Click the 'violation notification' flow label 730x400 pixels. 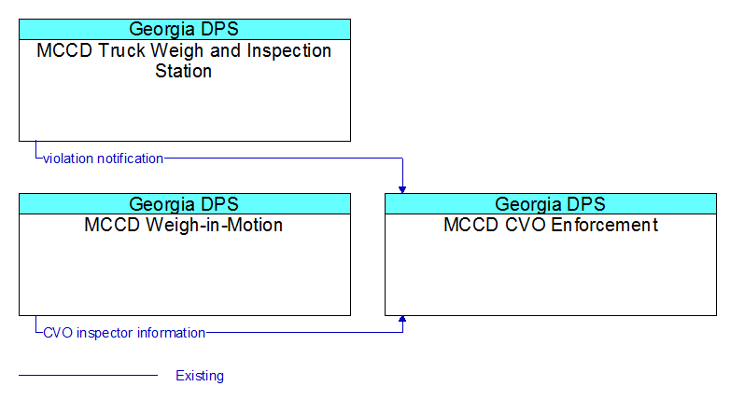coord(103,159)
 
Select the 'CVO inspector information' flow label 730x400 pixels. coord(124,333)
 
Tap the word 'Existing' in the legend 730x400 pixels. coord(200,376)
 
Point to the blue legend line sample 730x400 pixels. coord(89,375)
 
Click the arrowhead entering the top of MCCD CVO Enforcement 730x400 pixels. coord(402,190)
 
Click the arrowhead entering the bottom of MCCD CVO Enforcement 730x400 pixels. coord(402,319)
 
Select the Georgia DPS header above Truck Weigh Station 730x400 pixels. coord(185,29)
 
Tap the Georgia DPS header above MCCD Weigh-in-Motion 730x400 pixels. coord(185,204)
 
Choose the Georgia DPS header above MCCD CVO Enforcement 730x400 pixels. coord(551,204)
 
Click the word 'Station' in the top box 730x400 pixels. coord(183,71)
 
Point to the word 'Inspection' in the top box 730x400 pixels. coord(288,51)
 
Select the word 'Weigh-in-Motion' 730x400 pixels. coord(214,225)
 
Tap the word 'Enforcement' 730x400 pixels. coord(604,225)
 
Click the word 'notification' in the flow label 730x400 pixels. coord(131,159)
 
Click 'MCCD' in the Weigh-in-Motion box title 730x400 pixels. coord(112,225)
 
